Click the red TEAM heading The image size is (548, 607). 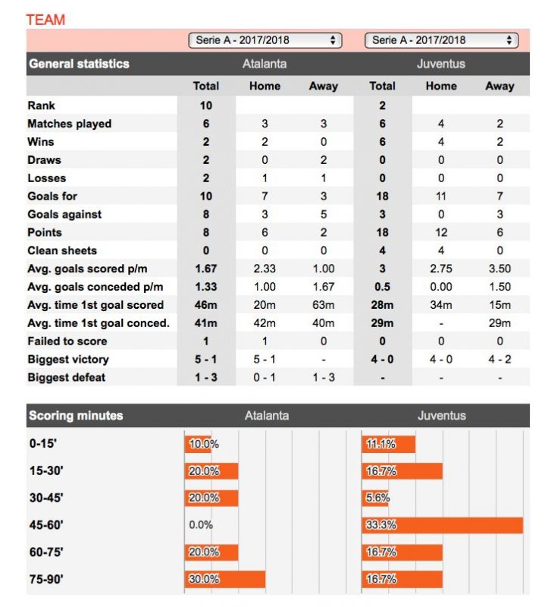click(x=45, y=20)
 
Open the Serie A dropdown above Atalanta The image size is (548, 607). click(x=265, y=40)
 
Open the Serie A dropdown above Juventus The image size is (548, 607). click(x=441, y=40)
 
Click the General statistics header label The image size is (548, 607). click(x=79, y=64)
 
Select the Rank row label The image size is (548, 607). click(x=41, y=105)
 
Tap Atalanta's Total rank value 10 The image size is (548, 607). click(x=206, y=105)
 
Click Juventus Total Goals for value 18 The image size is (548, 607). click(x=382, y=196)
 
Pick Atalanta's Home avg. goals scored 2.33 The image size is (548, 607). click(x=265, y=269)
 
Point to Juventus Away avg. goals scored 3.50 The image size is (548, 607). click(x=499, y=269)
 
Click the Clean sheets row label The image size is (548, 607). click(x=62, y=250)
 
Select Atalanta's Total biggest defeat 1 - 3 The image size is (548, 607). click(x=206, y=377)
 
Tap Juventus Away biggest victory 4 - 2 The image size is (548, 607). click(x=499, y=359)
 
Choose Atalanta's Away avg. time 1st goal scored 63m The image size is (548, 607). click(x=323, y=305)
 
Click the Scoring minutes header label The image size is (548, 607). click(x=76, y=416)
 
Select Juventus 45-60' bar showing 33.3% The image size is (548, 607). click(x=443, y=525)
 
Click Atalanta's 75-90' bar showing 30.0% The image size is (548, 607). click(x=225, y=579)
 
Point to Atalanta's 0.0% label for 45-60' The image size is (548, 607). click(x=201, y=525)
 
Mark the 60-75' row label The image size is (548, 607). click(x=46, y=552)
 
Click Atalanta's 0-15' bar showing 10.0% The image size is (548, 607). click(x=199, y=444)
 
